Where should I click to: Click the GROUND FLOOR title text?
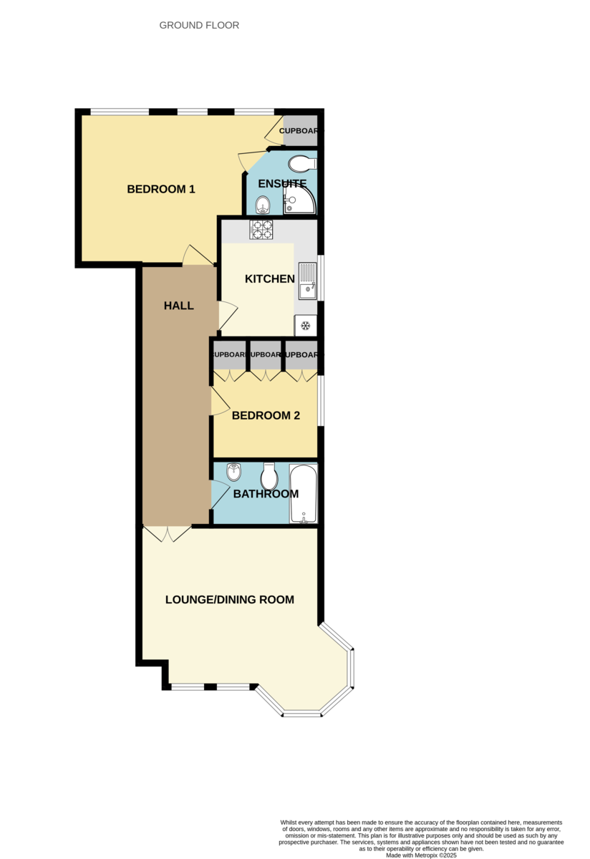(199, 25)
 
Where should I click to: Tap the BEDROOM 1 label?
(161, 190)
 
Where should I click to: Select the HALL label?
(179, 306)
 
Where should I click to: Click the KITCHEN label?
(270, 279)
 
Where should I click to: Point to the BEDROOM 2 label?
(266, 416)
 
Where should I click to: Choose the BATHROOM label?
(266, 494)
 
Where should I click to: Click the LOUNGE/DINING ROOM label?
(230, 600)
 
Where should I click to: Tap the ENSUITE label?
(282, 184)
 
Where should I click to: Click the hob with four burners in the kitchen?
(261, 230)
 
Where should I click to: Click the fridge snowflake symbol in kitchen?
(306, 326)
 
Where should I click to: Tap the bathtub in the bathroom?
(304, 494)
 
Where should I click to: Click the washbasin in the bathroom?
(233, 472)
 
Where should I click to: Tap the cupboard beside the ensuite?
(300, 131)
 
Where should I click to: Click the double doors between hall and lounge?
(167, 534)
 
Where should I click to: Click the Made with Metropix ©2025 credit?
(421, 855)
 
